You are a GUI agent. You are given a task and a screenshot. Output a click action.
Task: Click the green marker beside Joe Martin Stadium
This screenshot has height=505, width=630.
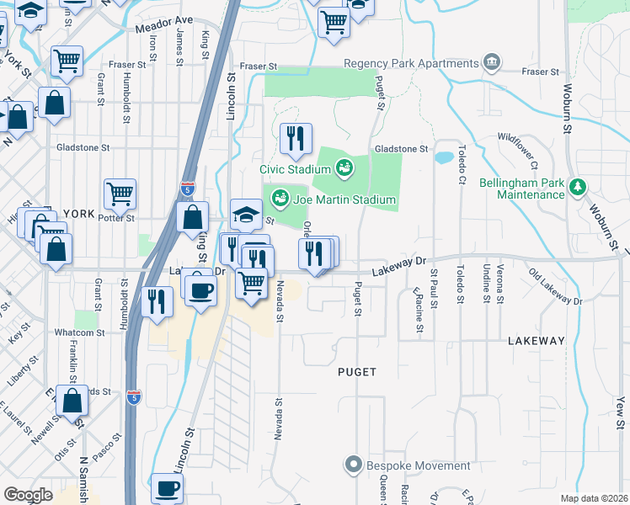click(280, 199)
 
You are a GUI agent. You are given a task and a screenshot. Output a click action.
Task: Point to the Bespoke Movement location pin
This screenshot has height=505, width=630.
click(354, 465)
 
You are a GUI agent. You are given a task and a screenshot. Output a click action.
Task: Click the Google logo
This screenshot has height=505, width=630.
click(28, 495)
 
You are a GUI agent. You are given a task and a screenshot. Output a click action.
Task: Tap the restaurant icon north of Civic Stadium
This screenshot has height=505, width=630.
click(296, 138)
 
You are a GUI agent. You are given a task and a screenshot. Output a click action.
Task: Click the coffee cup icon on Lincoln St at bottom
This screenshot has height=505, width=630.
click(166, 487)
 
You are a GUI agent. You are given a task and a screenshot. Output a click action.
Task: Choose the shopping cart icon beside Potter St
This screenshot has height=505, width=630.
click(120, 193)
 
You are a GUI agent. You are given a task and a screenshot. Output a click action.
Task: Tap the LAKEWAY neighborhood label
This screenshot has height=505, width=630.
click(537, 341)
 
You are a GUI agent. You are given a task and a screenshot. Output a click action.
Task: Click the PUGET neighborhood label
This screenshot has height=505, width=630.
click(356, 371)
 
